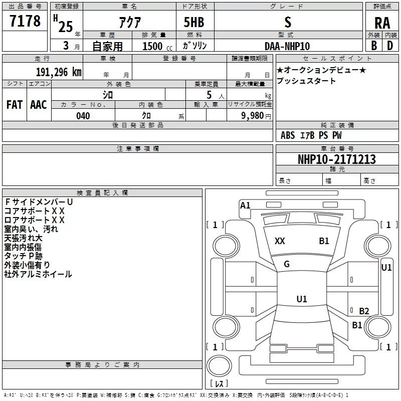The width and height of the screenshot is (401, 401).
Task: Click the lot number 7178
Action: tap(25, 21)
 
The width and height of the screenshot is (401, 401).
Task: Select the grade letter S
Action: tap(287, 22)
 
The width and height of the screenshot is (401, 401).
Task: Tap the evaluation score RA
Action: tap(382, 23)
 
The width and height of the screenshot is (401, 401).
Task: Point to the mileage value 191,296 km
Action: tap(58, 72)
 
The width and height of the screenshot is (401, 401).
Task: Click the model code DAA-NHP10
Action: tap(287, 46)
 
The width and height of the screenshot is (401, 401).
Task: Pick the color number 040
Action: tap(83, 116)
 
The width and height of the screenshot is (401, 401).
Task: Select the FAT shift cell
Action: tap(15, 104)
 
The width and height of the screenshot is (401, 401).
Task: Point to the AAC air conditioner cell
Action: tap(39, 104)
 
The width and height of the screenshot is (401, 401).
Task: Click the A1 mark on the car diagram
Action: tap(245, 206)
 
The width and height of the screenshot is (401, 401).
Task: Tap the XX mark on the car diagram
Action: tap(280, 241)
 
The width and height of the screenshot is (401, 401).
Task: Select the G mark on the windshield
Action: tap(287, 264)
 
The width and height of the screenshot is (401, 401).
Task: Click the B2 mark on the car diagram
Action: tap(364, 311)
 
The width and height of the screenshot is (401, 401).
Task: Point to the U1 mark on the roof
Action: tap(301, 299)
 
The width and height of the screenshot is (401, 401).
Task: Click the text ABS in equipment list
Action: tap(288, 135)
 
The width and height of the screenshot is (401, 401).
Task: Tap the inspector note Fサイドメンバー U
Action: tap(39, 202)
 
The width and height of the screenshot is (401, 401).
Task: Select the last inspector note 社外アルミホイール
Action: tap(38, 274)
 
